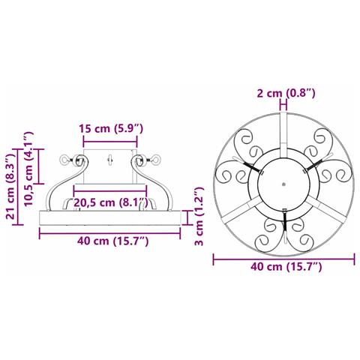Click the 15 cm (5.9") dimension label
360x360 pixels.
tap(111, 129)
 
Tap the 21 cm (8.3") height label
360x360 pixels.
tap(11, 187)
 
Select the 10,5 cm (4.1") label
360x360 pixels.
tap(28, 169)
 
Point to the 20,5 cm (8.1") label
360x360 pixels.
tap(111, 202)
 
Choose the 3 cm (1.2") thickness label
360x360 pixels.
tap(199, 217)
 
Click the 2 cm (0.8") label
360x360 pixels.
tap(286, 93)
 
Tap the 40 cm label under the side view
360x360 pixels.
tap(113, 241)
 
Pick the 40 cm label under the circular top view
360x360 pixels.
tap(286, 266)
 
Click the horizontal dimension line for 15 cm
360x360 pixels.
tap(110, 142)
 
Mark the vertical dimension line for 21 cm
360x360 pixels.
tap(18, 187)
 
